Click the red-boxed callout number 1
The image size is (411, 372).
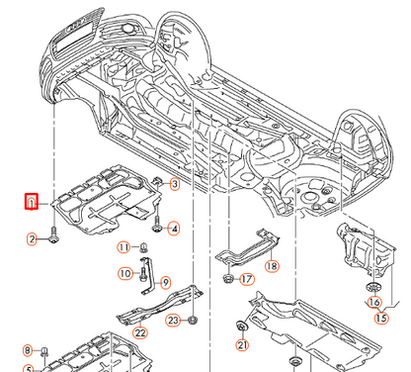point(32,203)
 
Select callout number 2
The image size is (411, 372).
point(32,238)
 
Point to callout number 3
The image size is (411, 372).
point(174,184)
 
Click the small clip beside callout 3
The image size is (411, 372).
point(157,181)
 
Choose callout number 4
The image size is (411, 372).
point(174,230)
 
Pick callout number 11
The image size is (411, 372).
point(123,246)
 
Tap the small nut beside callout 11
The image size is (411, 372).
point(143,246)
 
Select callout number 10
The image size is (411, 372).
point(125,273)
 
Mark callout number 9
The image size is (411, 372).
point(165,283)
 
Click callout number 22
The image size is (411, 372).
point(140,332)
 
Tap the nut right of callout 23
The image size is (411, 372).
point(192,320)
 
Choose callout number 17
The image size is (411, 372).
point(246,280)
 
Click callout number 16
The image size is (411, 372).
point(374,302)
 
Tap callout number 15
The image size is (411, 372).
point(381,318)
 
